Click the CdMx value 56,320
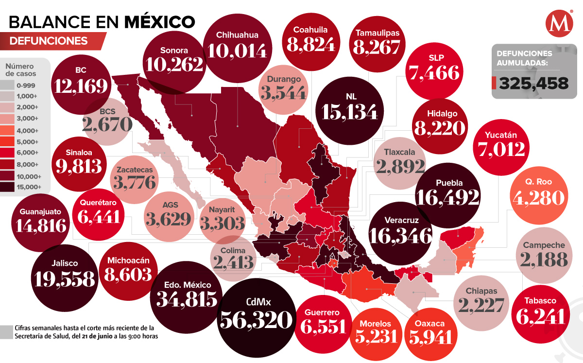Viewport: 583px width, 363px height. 257,320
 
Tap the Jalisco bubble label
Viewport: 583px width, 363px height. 64,263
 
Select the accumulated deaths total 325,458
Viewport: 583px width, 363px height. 533,84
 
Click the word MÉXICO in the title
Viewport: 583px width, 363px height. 160,21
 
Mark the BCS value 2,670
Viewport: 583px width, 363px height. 108,124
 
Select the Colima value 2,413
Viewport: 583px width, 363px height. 233,262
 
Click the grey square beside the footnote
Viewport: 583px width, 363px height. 6,331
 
